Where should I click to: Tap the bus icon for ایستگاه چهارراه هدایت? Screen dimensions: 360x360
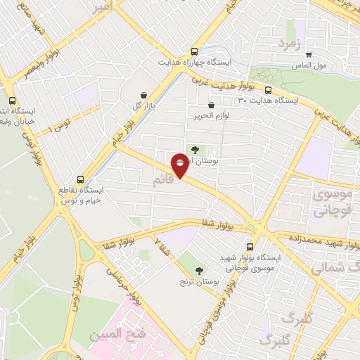[194, 51]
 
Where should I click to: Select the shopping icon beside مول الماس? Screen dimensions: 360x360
[309, 55]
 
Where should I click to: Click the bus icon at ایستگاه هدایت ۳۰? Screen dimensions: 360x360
[269, 89]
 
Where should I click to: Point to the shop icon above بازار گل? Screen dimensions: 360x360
[144, 95]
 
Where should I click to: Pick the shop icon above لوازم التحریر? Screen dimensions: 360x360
[211, 106]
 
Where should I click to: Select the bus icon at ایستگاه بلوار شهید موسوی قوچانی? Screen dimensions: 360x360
[251, 247]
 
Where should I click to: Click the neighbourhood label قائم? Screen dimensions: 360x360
[161, 182]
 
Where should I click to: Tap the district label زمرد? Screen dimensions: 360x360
[289, 44]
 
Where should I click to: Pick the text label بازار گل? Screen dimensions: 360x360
[143, 105]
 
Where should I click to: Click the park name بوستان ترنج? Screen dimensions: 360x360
[197, 282]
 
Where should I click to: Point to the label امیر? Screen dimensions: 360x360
[103, 7]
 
